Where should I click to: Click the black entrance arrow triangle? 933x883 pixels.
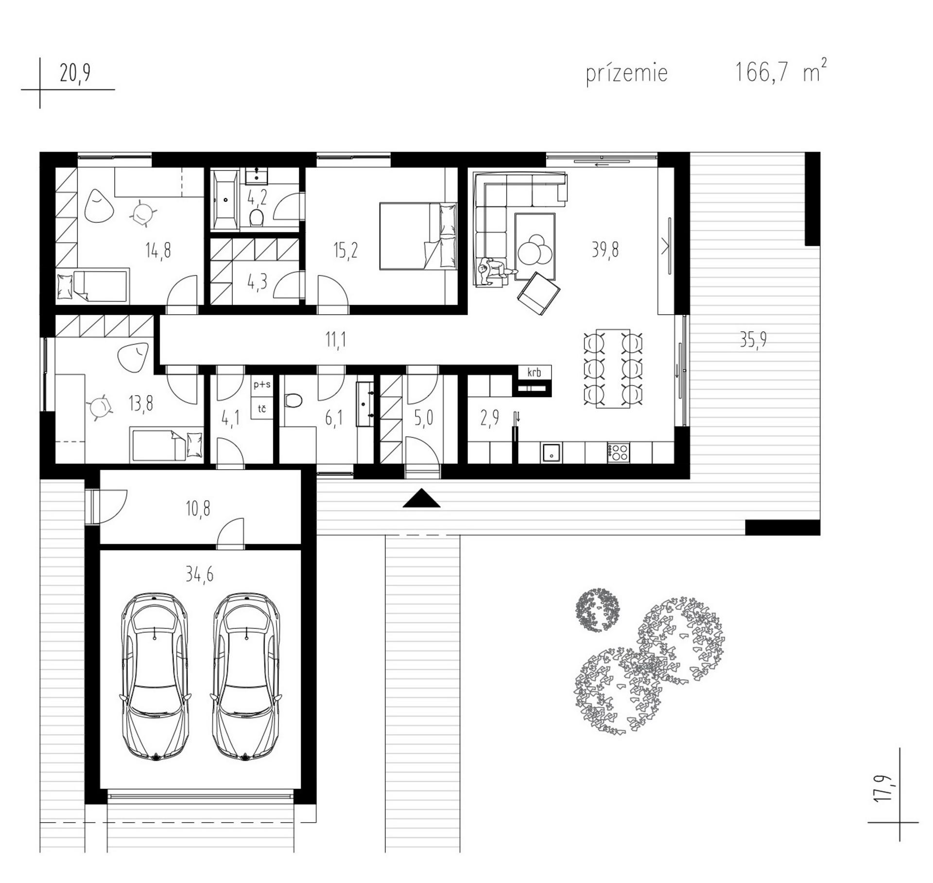tap(421, 499)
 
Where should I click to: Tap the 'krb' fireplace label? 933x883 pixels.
tap(534, 373)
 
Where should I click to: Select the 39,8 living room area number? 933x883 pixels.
tap(605, 250)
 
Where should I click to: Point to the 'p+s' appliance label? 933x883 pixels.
tap(262, 385)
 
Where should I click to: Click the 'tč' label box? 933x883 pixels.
tap(262, 408)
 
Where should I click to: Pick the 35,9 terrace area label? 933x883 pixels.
tap(753, 340)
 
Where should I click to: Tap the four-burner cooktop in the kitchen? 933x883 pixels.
tap(618, 453)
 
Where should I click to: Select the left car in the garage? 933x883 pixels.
tap(154, 677)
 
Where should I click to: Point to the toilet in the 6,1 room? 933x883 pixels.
tap(293, 401)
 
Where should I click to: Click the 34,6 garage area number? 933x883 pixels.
tap(199, 575)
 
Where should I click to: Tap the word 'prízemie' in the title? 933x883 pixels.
tap(627, 73)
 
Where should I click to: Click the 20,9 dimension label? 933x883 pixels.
tap(75, 73)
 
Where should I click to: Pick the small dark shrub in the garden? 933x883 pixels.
tap(597, 610)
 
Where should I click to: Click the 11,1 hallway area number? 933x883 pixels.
tap(335, 340)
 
